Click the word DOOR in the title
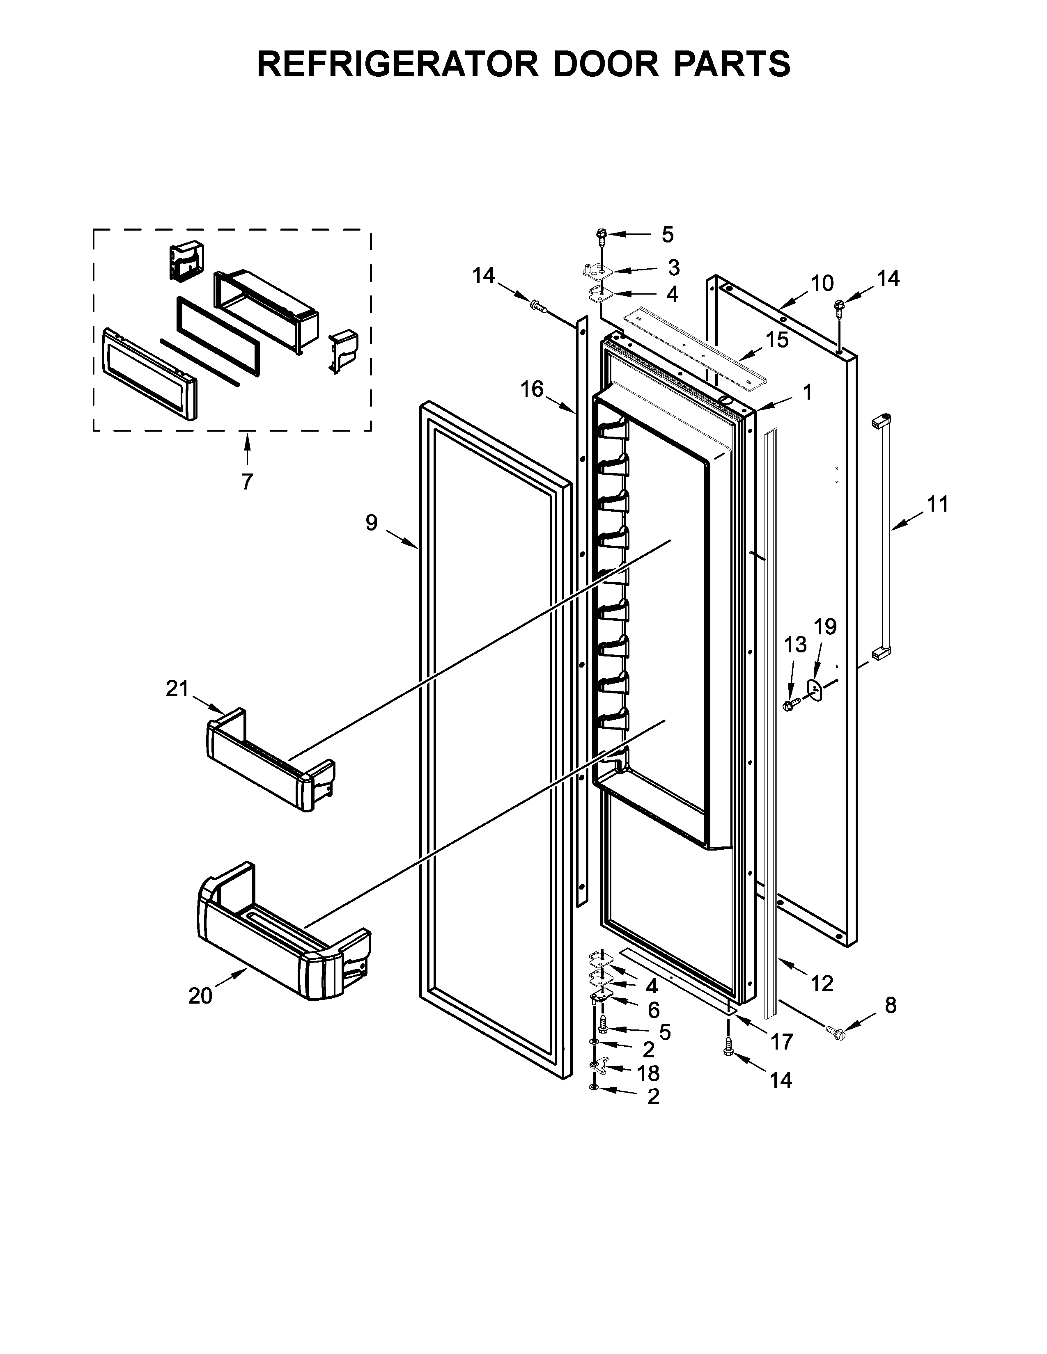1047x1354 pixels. coord(606,64)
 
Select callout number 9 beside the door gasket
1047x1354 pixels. coord(371,523)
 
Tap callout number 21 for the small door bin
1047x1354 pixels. coord(177,688)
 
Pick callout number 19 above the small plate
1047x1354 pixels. coord(825,627)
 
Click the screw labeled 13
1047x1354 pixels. coord(790,704)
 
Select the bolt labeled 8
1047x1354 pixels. coord(836,1032)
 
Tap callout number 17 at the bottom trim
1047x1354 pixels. coord(781,1041)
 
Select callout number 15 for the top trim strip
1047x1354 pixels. coord(776,340)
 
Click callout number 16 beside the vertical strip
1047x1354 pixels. coord(532,389)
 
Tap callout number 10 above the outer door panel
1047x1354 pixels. coord(822,284)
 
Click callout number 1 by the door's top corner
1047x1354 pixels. coord(806,392)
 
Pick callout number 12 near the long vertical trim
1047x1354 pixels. coord(822,983)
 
